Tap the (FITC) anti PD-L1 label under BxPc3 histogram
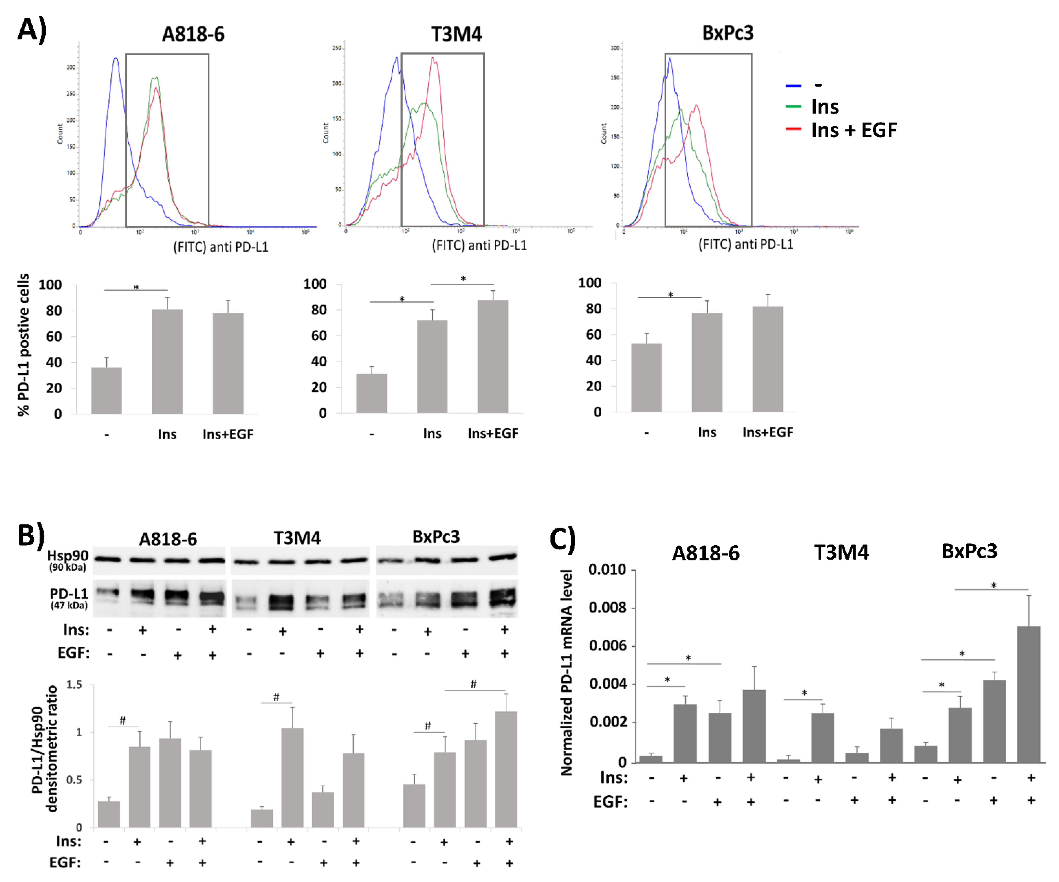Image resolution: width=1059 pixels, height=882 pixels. (x=745, y=244)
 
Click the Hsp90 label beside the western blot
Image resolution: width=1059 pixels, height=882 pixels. (x=68, y=555)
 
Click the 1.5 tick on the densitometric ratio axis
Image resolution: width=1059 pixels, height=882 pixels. (x=74, y=684)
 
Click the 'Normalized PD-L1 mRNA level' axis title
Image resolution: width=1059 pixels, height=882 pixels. (x=566, y=673)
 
